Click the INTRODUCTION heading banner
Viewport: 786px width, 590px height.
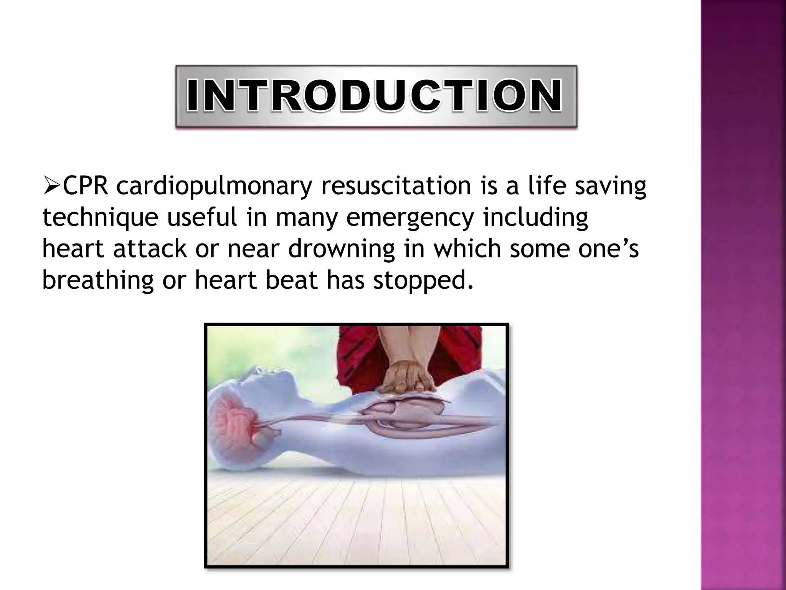tap(376, 96)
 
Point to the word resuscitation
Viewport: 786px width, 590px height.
tap(396, 186)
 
